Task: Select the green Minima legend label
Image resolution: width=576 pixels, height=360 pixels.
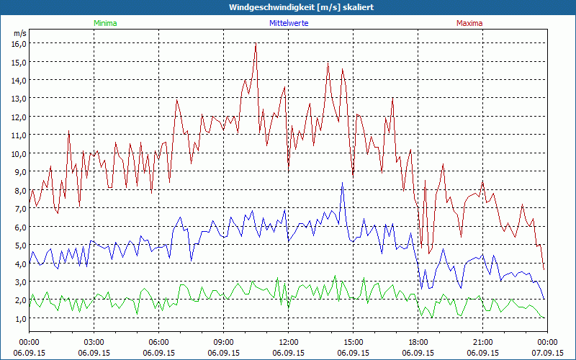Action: [x=104, y=23]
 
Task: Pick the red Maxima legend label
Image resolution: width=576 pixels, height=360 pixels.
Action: [x=469, y=23]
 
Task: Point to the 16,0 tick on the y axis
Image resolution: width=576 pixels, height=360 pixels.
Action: [x=18, y=43]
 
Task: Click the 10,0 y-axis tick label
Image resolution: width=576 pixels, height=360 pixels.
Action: [x=18, y=153]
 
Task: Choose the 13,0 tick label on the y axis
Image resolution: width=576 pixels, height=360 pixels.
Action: [x=18, y=98]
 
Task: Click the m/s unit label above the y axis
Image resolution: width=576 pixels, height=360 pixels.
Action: [x=19, y=33]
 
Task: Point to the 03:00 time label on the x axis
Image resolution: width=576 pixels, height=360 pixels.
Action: [x=94, y=342]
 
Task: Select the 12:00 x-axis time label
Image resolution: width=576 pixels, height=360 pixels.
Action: [x=289, y=342]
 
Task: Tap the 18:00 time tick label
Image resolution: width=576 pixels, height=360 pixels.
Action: [x=418, y=342]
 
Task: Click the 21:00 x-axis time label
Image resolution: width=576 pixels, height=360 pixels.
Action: [x=483, y=342]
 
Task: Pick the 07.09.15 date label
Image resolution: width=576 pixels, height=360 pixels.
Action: [x=547, y=353]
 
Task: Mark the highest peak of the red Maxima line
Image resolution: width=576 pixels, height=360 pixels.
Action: [x=256, y=44]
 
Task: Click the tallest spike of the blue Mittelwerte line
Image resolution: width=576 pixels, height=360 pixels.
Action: [x=342, y=184]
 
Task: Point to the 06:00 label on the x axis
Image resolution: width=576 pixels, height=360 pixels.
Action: [x=159, y=342]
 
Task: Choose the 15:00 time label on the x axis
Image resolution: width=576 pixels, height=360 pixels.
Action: [x=354, y=342]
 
